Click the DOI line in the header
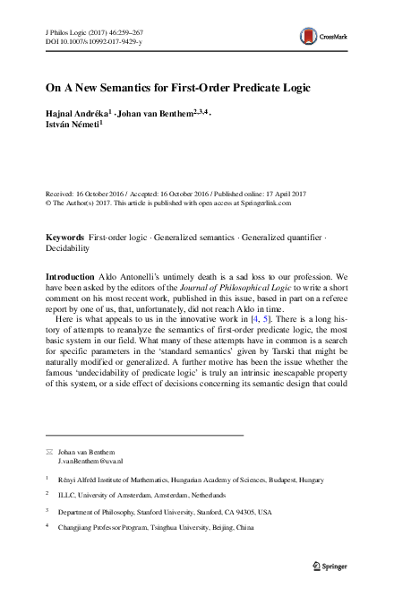click(x=90, y=41)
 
